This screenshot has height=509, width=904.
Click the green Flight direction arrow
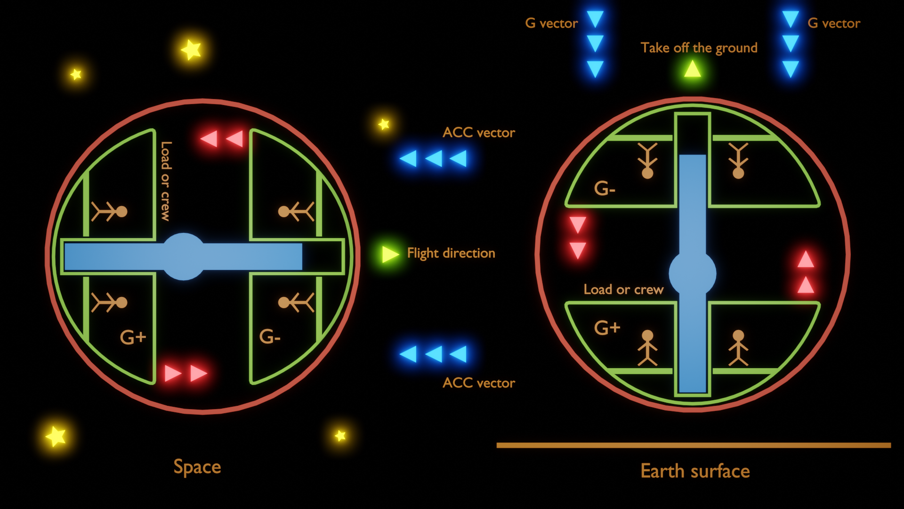tap(390, 254)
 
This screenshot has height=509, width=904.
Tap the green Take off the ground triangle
tap(692, 69)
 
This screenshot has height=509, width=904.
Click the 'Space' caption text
tap(197, 467)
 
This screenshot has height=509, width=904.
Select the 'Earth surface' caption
tap(695, 471)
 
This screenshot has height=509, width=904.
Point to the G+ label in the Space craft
tap(133, 337)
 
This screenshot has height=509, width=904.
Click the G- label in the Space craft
tap(270, 337)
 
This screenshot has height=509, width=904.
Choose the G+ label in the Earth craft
tap(607, 327)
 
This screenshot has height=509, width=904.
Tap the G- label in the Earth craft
tap(605, 189)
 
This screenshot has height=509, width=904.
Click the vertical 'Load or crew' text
tap(166, 181)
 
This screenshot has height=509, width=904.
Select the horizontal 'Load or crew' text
tap(623, 289)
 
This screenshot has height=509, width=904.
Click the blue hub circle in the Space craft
tap(184, 256)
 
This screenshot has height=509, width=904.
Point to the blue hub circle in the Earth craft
tap(693, 273)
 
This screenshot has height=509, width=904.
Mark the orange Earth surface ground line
tap(694, 445)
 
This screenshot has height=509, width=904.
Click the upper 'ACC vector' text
tap(478, 132)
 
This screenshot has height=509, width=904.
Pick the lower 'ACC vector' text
tap(478, 383)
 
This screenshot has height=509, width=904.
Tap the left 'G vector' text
tap(551, 23)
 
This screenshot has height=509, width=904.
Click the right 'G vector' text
tap(834, 23)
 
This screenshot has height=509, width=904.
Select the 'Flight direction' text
tap(451, 253)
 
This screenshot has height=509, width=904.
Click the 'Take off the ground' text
tap(699, 48)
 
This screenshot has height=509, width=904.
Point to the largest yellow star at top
tap(191, 49)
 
